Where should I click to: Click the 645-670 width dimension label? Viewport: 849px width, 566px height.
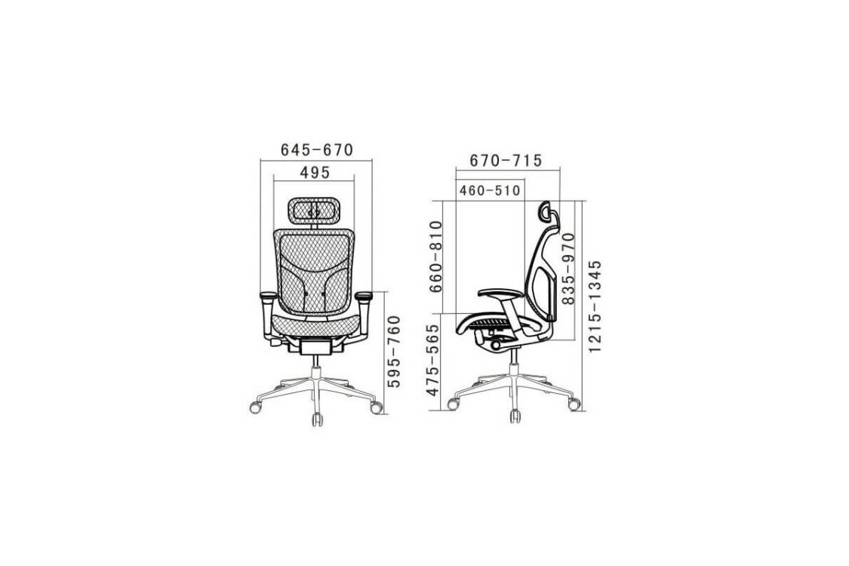(x=317, y=150)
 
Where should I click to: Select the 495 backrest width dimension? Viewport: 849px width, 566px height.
(x=315, y=173)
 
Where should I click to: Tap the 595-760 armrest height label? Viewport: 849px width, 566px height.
(x=395, y=351)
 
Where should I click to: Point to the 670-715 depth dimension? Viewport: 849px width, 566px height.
(x=505, y=161)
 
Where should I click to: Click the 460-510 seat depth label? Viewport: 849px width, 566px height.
(x=490, y=191)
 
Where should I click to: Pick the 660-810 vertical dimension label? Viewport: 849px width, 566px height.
(x=436, y=256)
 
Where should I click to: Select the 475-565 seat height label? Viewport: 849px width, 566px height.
(x=433, y=360)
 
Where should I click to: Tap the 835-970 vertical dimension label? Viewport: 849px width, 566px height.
(x=568, y=269)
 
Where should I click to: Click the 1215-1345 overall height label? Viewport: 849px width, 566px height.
(x=595, y=306)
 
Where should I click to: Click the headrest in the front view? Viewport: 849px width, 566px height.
(x=314, y=211)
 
